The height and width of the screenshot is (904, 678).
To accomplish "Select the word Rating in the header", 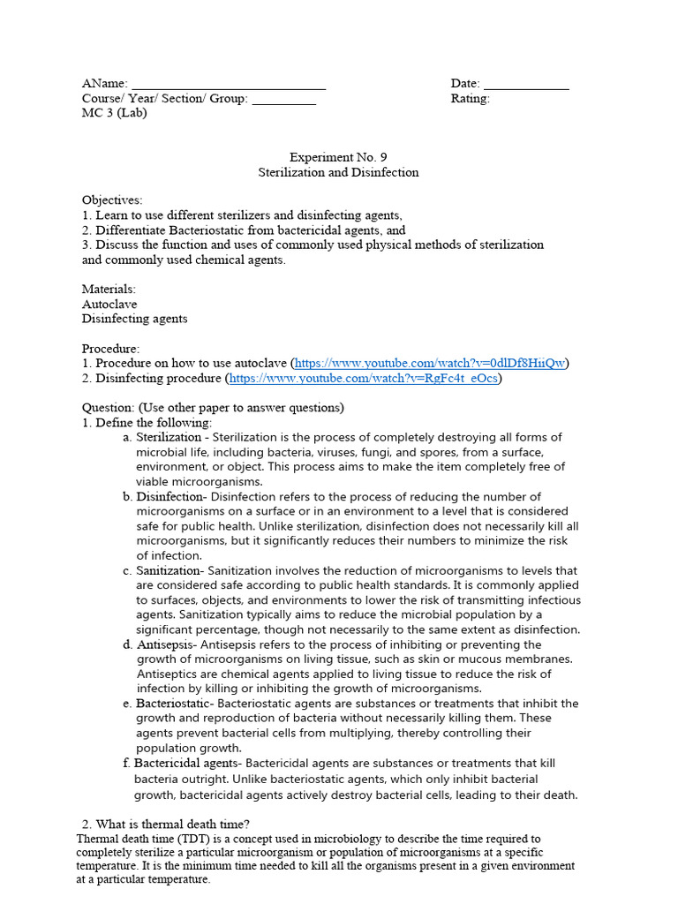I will (470, 99).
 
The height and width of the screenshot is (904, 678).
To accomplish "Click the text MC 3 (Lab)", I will (115, 113).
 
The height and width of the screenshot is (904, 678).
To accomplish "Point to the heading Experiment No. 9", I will (338, 158).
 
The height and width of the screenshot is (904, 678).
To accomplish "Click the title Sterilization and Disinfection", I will (338, 173).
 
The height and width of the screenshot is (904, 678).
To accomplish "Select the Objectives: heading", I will (112, 201).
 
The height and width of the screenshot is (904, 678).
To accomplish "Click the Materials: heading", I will (109, 290).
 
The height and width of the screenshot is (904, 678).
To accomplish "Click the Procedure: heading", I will (111, 349).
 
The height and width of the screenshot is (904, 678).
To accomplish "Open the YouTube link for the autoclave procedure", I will (430, 364).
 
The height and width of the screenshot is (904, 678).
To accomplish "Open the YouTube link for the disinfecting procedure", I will (364, 379).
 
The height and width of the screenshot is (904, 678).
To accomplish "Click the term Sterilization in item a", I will (169, 438).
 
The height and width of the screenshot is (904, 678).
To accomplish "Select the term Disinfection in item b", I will (169, 497).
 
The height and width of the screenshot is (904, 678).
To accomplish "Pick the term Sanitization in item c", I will (169, 571).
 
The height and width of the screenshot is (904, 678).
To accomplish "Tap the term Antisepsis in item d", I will (166, 645).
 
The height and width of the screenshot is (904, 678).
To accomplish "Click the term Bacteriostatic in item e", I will (173, 704).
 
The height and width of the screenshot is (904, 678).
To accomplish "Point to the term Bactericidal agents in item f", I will (185, 764).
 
